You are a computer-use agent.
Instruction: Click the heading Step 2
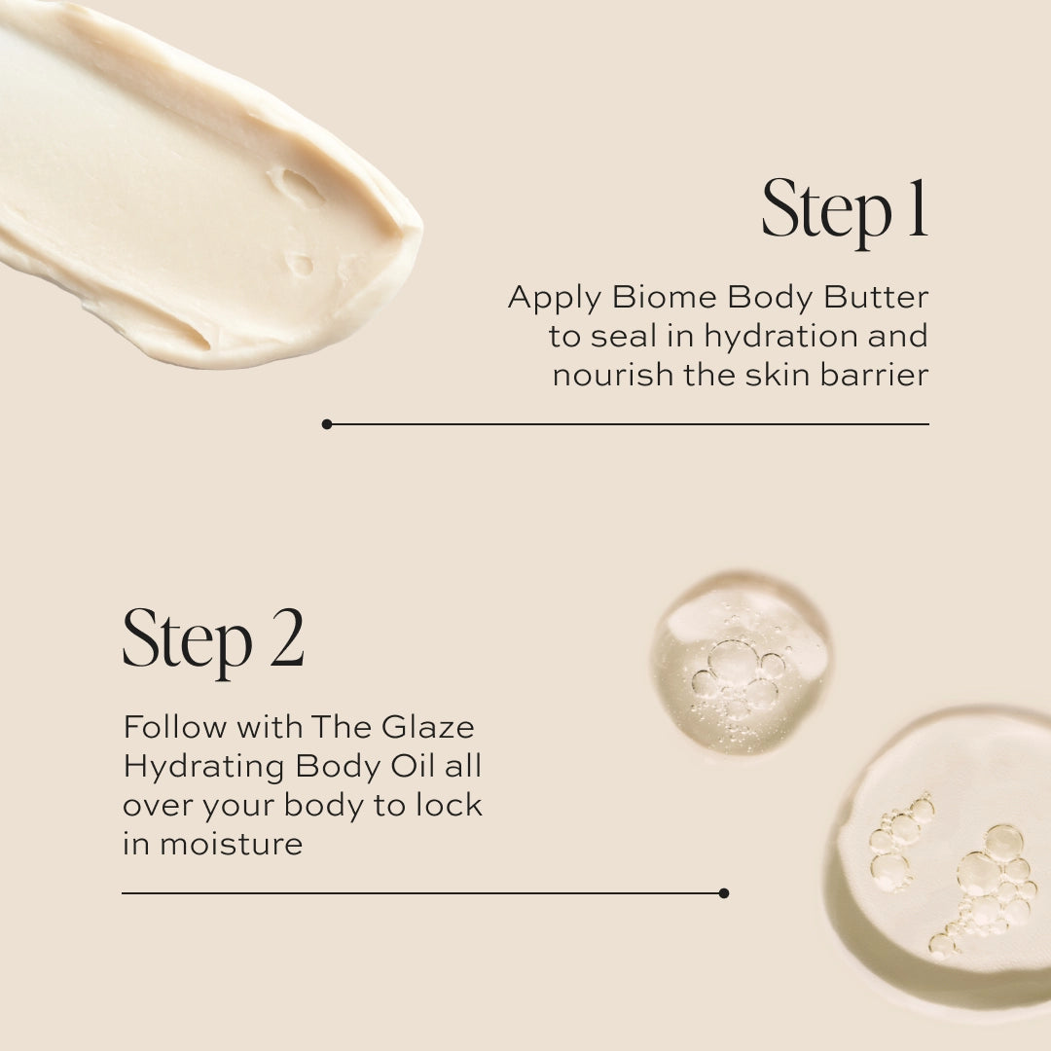coord(213,639)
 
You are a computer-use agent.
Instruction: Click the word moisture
coord(231,844)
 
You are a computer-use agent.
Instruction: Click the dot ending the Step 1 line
coord(327,424)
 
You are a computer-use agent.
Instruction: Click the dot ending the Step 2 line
coord(723,892)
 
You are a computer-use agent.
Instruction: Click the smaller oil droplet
coord(740,663)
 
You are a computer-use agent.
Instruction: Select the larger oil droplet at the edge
coord(944,856)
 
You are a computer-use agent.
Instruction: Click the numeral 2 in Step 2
coord(286,639)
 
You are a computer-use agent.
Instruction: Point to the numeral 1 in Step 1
coord(916,209)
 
